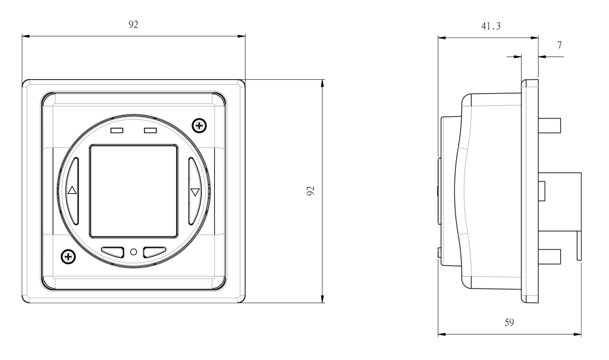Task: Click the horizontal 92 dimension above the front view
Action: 133,24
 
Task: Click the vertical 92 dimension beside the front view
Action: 310,190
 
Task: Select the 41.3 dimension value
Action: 491,26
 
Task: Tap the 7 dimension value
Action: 559,45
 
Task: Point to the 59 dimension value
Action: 509,323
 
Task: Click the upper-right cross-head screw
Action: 199,126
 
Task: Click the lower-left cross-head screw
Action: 68,256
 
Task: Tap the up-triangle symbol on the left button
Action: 72,190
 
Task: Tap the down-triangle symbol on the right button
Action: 195,192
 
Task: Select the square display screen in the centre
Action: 134,191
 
